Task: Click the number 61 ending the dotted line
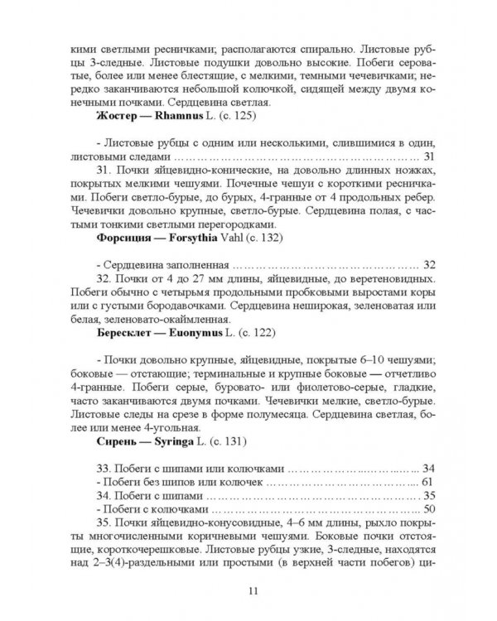pos(427,481)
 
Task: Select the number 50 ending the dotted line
pos(427,508)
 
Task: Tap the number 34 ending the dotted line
pos(427,468)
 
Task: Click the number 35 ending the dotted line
pos(427,495)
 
